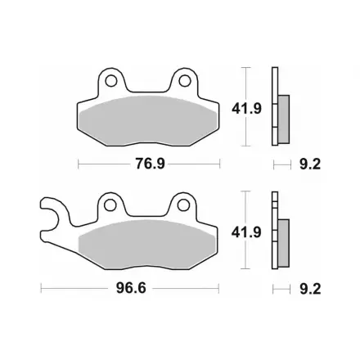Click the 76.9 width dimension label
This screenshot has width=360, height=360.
(151, 164)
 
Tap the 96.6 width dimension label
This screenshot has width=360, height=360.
(131, 288)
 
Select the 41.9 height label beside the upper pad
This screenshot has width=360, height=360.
(246, 109)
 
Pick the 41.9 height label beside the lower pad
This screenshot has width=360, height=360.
(246, 232)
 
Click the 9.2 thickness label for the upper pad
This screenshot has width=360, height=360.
(310, 164)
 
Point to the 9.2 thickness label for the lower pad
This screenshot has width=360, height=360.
(310, 289)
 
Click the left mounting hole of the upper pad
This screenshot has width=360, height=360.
(111, 81)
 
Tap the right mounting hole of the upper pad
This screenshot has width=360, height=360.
(184, 81)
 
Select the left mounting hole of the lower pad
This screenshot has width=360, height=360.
(110, 205)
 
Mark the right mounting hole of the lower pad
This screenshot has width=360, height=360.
(183, 205)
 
